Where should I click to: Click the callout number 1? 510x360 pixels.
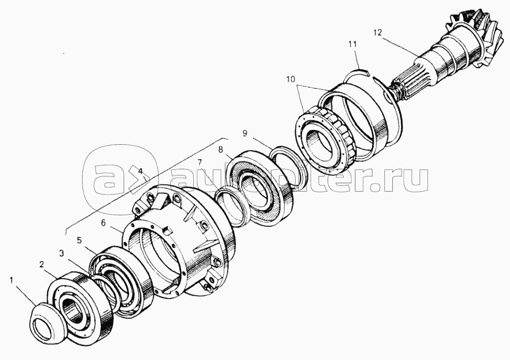tap(12, 280)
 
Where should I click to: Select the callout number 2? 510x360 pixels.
tap(41, 265)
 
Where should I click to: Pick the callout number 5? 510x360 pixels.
tap(79, 240)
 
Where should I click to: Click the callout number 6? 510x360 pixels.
tap(103, 222)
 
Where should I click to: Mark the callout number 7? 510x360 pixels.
tap(200, 162)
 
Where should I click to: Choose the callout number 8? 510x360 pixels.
tap(221, 150)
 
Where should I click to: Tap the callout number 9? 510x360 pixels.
tap(245, 133)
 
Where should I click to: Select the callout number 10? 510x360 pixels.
tap(291, 79)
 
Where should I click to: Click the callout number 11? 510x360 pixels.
tap(353, 44)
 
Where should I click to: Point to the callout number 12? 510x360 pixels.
tap(378, 33)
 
